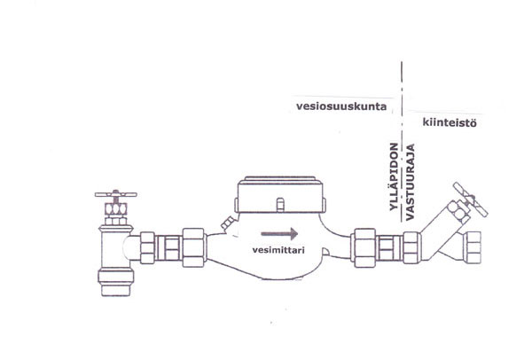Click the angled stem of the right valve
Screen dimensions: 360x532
pyautogui.click(x=449, y=218)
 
